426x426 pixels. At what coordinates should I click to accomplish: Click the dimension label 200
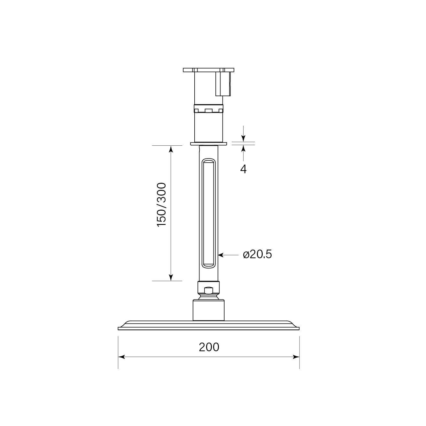(209, 347)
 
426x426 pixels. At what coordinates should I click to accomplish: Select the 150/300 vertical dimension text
(162, 205)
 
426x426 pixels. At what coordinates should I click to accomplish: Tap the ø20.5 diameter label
(257, 254)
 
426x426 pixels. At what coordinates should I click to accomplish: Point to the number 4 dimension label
(243, 169)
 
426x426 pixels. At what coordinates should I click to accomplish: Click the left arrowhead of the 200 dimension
(121, 357)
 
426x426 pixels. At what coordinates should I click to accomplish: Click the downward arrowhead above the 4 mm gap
(243, 139)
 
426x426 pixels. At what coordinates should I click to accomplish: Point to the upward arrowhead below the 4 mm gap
(243, 148)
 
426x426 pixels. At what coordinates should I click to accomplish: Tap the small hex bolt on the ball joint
(209, 290)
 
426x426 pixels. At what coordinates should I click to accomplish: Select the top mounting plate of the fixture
(208, 70)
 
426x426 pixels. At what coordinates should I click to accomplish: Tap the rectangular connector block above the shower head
(209, 310)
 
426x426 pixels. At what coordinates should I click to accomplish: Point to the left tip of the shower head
(119, 328)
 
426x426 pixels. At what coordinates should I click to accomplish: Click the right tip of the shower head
(298, 328)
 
